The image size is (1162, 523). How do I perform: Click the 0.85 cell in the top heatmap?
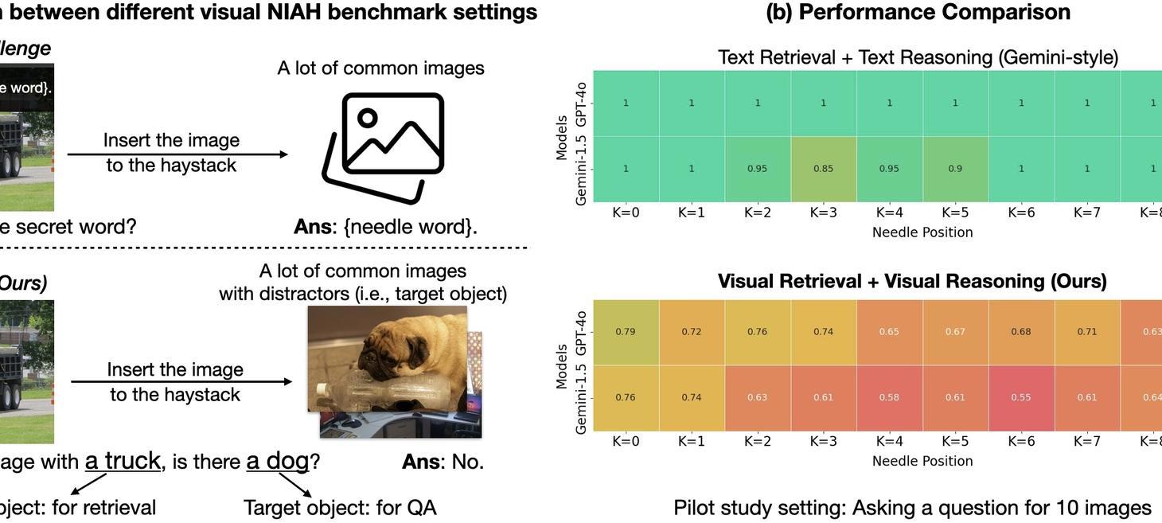tap(823, 169)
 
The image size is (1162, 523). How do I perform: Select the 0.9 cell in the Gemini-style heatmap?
tap(955, 169)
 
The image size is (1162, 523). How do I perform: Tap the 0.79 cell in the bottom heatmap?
tap(626, 332)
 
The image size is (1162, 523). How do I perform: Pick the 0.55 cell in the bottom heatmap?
tap(1021, 397)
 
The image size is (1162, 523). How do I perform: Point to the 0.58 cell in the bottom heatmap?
tap(889, 397)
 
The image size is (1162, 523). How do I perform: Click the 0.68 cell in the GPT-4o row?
tap(1021, 332)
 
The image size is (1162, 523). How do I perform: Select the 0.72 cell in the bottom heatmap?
tap(691, 332)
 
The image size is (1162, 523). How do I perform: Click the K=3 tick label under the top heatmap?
tap(823, 213)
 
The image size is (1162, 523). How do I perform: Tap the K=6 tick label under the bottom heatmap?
tap(1021, 441)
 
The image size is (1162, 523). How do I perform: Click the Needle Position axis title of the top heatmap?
tap(922, 232)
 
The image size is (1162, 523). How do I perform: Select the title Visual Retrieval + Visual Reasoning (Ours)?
tap(912, 281)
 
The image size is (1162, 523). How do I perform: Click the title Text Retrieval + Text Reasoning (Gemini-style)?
tap(918, 57)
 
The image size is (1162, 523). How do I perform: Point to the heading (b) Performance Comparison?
tap(918, 13)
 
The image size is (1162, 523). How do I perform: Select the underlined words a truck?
tap(123, 461)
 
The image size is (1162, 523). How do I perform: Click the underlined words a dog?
tap(276, 461)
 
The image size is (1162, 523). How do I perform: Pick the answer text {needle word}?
tap(410, 227)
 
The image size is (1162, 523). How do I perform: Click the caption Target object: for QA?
tap(340, 507)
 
